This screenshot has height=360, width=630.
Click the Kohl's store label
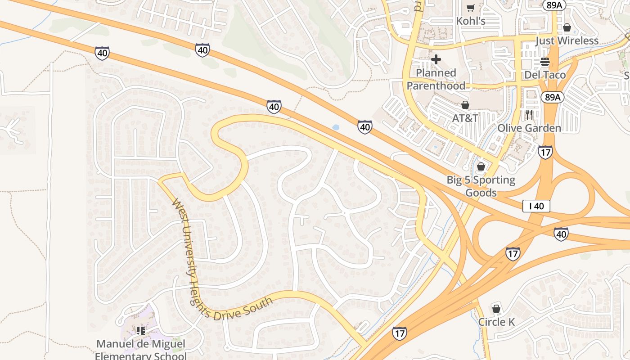click(x=471, y=21)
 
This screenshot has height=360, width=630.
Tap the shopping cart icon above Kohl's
click(x=471, y=7)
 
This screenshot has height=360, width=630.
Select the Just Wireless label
click(x=567, y=41)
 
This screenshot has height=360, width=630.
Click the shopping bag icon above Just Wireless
click(x=567, y=27)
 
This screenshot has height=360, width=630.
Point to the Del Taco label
click(x=545, y=75)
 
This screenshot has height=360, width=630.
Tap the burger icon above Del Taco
click(x=545, y=62)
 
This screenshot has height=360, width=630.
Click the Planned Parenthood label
click(x=436, y=79)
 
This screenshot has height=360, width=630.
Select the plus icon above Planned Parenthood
click(x=436, y=59)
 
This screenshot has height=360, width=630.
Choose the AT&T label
click(x=465, y=118)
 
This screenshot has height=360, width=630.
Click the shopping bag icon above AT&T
click(x=465, y=105)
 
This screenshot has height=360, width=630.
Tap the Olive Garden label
click(x=529, y=128)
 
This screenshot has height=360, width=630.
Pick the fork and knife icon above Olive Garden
click(x=529, y=115)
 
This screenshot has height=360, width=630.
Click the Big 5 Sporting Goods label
click(x=481, y=186)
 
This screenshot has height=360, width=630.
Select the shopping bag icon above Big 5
click(x=481, y=167)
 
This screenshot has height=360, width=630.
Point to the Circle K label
click(x=496, y=322)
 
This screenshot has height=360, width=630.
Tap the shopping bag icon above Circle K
click(x=496, y=309)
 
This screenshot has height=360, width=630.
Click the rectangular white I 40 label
click(x=536, y=207)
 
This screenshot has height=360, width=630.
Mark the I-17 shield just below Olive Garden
click(x=545, y=152)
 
